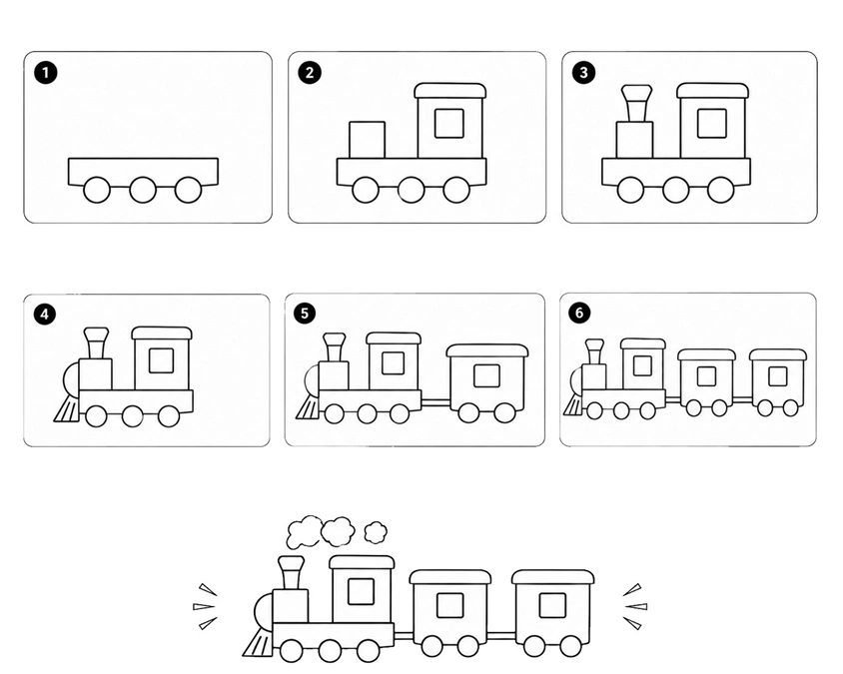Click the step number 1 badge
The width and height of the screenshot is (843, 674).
click(x=46, y=72)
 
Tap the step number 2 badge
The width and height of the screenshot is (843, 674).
click(x=310, y=72)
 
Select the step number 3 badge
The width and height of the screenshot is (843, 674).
click(x=584, y=72)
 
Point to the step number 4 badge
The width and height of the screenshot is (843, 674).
click(x=45, y=314)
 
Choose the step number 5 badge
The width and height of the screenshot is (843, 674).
click(x=305, y=313)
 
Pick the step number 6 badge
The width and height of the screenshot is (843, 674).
click(x=579, y=313)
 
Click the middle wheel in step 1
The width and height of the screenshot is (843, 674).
click(x=143, y=189)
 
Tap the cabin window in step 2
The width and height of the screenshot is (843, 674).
click(x=449, y=123)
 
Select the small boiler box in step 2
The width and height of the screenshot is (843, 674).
click(x=367, y=140)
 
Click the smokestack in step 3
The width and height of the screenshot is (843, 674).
click(x=636, y=103)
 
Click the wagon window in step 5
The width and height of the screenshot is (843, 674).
click(x=487, y=375)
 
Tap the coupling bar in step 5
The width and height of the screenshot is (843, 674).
click(x=435, y=401)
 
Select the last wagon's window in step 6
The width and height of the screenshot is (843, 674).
click(x=778, y=376)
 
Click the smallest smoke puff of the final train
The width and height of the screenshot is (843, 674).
click(x=376, y=532)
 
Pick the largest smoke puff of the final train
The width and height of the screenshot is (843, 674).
click(x=304, y=532)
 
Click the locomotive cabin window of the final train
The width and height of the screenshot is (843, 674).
click(x=361, y=591)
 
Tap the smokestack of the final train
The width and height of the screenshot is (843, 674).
click(x=291, y=573)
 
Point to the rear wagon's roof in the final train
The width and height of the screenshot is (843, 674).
click(x=553, y=577)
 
